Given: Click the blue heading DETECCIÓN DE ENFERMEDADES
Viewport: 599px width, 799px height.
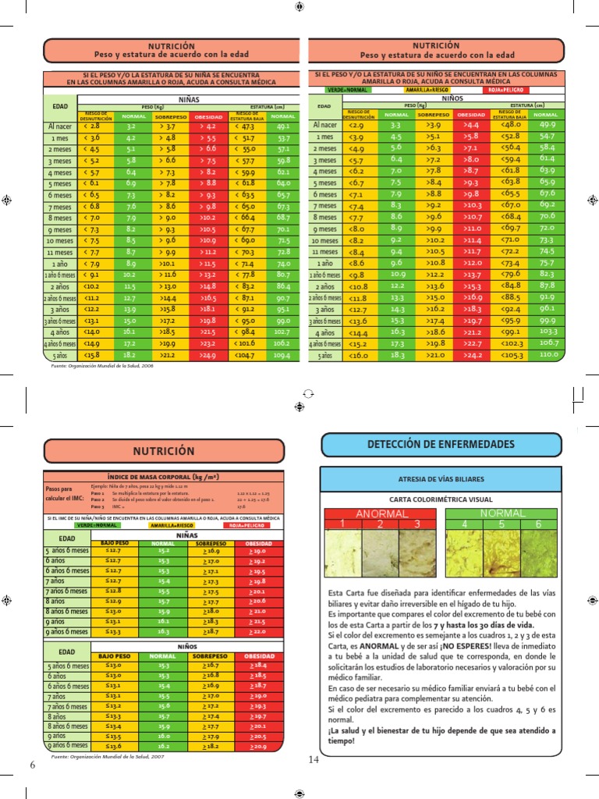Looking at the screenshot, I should coord(441,444).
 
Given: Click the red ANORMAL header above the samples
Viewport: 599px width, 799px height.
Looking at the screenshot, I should coord(382,513).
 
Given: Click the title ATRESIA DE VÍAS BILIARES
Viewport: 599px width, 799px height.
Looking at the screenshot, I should coord(441,478).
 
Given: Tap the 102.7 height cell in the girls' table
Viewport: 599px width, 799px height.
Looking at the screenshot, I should coord(283,332).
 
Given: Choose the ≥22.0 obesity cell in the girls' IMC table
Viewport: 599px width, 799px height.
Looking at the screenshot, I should coord(258,631).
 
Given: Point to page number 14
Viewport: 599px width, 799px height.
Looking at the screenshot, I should coord(314,760).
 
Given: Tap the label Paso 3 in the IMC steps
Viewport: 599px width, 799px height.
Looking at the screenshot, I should coord(97,506).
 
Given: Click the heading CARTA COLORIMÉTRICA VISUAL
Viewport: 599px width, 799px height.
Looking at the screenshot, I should coord(441,499).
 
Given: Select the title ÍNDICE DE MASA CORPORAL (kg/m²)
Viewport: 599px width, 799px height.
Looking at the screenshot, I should coord(162,476).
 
